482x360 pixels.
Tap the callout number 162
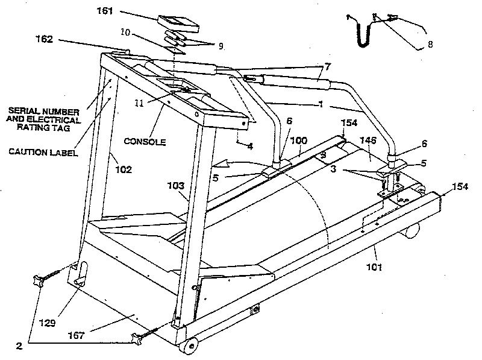(45, 39)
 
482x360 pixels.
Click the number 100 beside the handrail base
(299, 141)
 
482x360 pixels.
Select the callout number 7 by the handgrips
(327, 65)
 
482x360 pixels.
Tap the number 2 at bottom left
(19, 347)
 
